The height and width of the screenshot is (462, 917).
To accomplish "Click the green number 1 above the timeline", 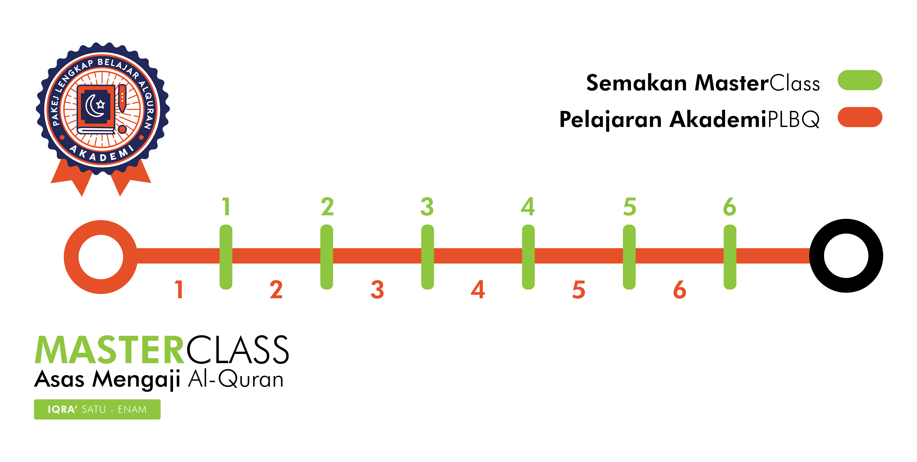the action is (225, 207).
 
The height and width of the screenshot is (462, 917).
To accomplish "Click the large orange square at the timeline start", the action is (101, 257).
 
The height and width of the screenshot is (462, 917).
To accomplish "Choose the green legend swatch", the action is (860, 80).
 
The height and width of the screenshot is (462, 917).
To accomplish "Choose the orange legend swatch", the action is (860, 117).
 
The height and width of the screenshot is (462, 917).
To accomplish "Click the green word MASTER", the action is (110, 351).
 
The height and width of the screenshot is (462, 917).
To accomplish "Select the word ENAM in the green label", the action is (132, 410).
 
